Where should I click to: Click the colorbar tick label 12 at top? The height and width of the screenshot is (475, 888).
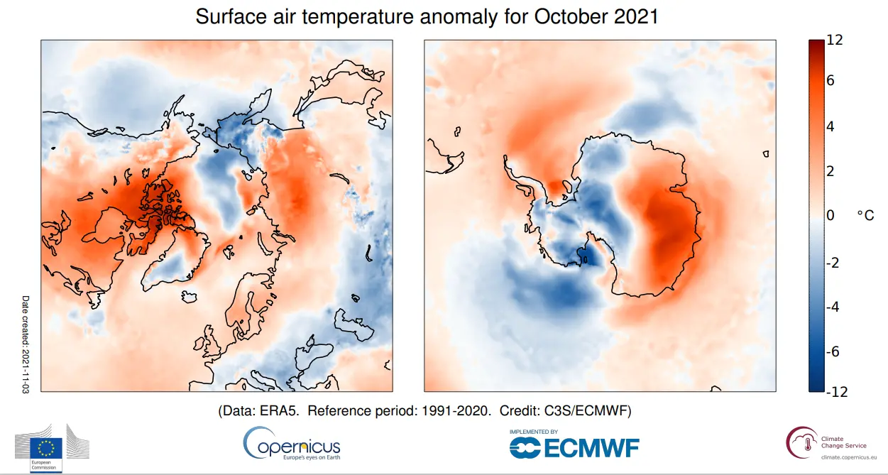pos(835,40)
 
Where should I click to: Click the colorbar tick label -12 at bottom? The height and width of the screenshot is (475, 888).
pos(838,392)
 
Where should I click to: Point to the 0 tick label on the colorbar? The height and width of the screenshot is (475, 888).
pos(831,216)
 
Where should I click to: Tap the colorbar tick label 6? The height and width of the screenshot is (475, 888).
pos(831,81)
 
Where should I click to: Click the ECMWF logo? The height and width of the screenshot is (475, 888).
pos(575,447)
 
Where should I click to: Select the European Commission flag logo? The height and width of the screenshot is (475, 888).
pos(46,447)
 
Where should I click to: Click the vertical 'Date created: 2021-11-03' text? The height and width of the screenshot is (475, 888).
pos(26,345)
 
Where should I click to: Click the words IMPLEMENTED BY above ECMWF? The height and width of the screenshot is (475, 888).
pos(533,432)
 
